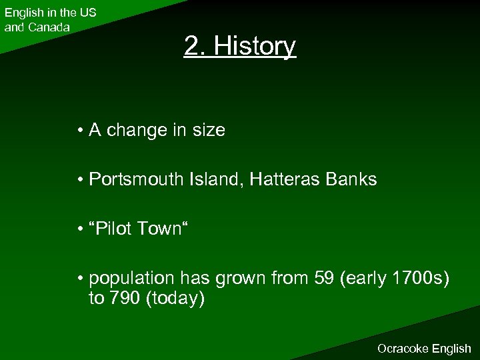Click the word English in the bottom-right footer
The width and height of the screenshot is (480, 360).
pos(452,349)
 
